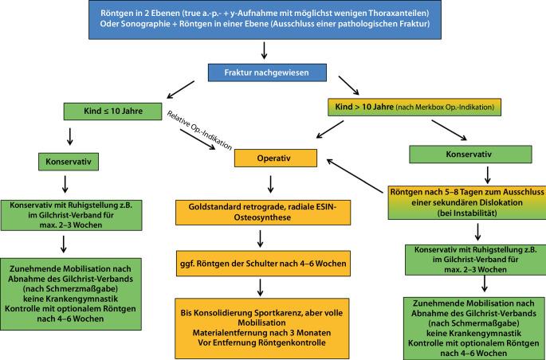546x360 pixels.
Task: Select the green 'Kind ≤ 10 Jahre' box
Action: coord(108,111)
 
